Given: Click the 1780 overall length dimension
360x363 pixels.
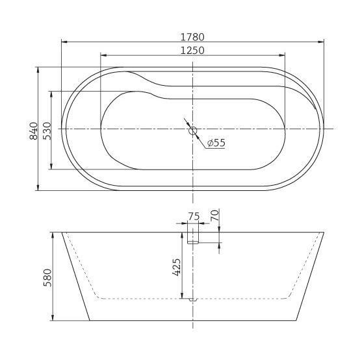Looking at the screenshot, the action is click(x=192, y=37).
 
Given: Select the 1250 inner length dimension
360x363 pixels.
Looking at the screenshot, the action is click(x=192, y=51).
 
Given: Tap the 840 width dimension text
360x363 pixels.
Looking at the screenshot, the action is click(x=34, y=131).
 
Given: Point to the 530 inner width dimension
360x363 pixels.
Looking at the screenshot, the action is click(x=47, y=131).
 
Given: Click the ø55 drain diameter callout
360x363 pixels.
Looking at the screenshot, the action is click(x=216, y=143).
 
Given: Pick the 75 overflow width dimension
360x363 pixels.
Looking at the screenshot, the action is click(x=194, y=217).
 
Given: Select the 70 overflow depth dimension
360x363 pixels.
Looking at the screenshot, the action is click(x=214, y=215).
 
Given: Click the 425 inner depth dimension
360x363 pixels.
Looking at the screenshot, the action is click(x=177, y=267).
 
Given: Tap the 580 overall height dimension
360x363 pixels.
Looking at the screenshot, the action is click(x=47, y=277).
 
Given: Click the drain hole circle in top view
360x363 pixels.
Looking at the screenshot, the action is click(x=193, y=131).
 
